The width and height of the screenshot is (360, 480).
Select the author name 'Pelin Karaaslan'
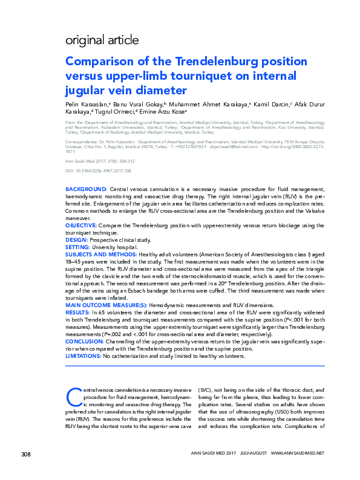(x=85, y=105)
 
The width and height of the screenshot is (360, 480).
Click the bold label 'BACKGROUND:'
(x=87, y=190)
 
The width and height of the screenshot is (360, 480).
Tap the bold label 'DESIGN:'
(x=77, y=240)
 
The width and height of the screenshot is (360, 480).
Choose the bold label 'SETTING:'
(x=78, y=247)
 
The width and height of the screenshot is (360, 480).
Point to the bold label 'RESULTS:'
(x=79, y=313)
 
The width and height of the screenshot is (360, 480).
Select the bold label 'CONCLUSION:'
(x=85, y=342)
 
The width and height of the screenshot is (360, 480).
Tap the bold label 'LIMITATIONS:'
(x=83, y=356)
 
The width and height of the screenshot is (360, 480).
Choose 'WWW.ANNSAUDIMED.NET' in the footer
(x=298, y=470)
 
